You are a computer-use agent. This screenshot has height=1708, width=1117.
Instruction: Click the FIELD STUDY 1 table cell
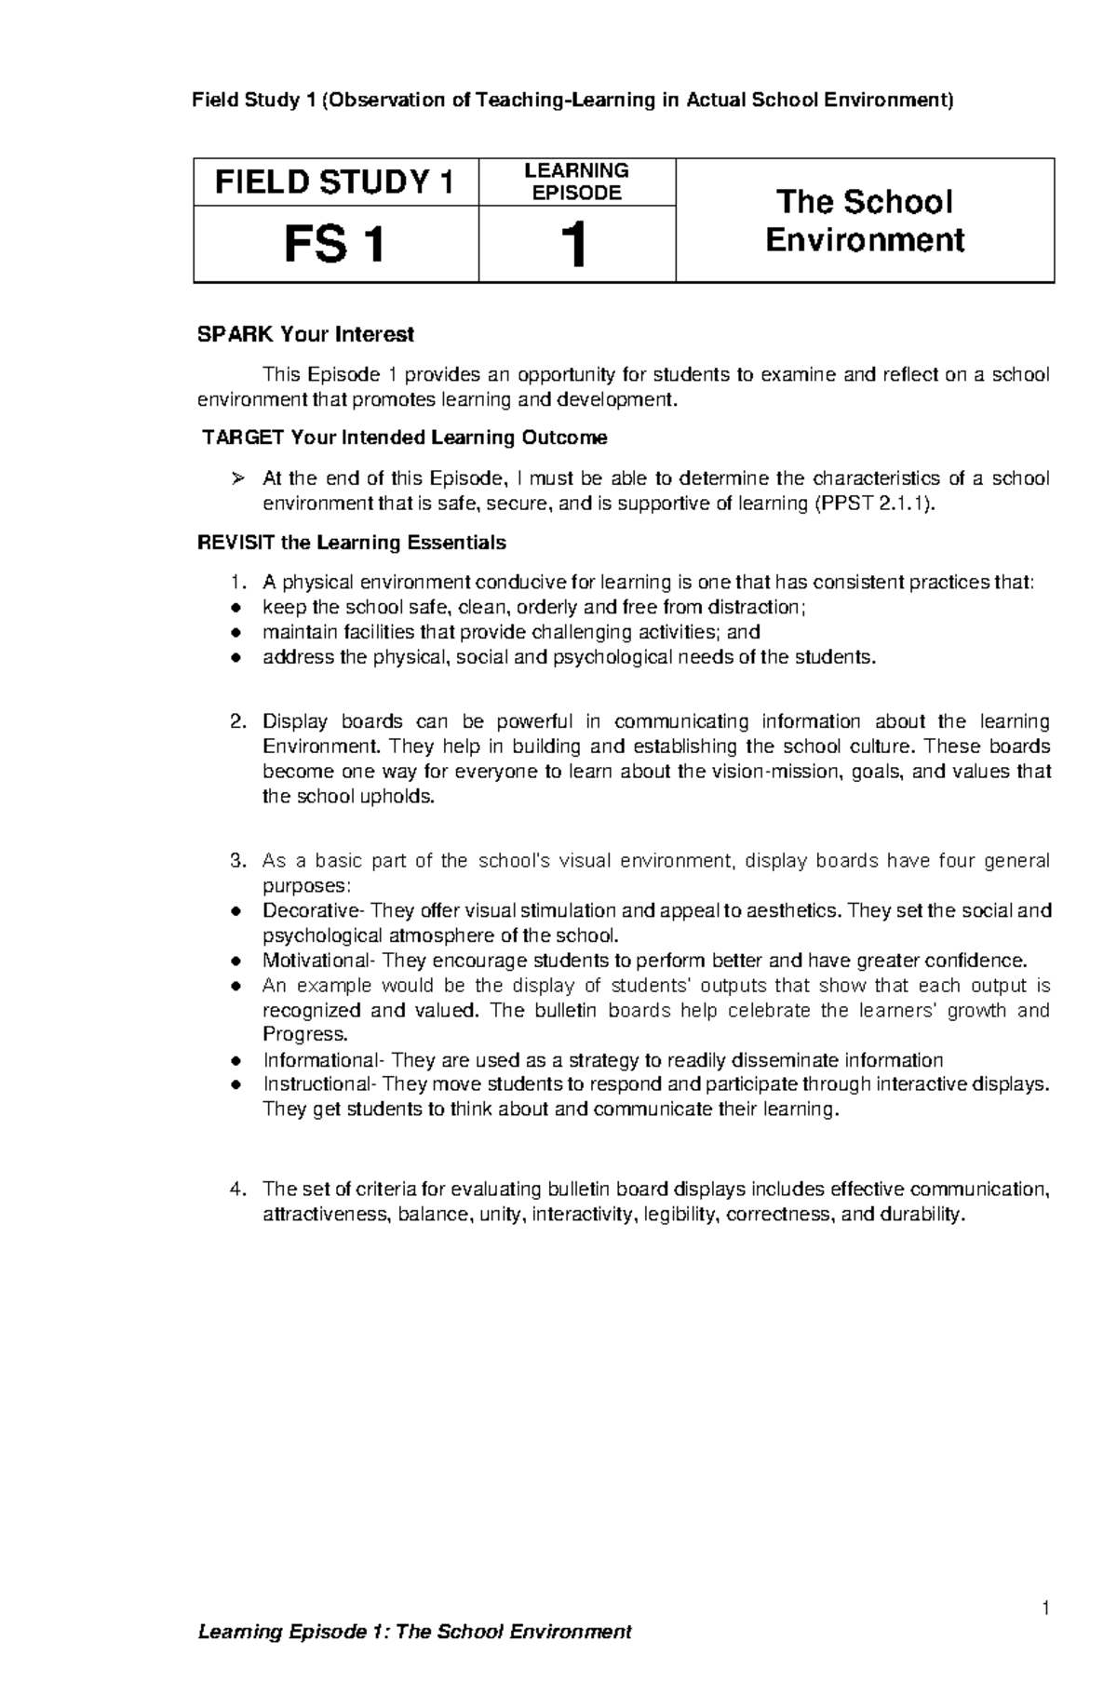click(335, 182)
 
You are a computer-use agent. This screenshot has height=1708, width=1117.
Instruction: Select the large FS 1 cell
click(335, 245)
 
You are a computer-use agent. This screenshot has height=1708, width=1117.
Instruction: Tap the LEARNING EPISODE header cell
click(576, 182)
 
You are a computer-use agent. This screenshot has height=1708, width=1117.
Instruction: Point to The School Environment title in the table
click(864, 221)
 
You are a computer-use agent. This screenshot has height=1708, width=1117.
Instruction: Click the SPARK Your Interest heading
click(305, 334)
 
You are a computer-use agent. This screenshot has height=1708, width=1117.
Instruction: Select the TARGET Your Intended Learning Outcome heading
click(405, 437)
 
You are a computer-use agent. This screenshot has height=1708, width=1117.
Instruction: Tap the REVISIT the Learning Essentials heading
click(352, 543)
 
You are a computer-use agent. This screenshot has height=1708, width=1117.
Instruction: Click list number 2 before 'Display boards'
click(238, 721)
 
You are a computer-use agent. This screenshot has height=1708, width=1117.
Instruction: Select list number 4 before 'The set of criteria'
click(238, 1190)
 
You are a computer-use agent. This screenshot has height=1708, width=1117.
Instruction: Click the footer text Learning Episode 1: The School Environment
click(415, 1659)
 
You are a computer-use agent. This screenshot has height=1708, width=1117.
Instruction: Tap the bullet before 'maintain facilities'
click(236, 633)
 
